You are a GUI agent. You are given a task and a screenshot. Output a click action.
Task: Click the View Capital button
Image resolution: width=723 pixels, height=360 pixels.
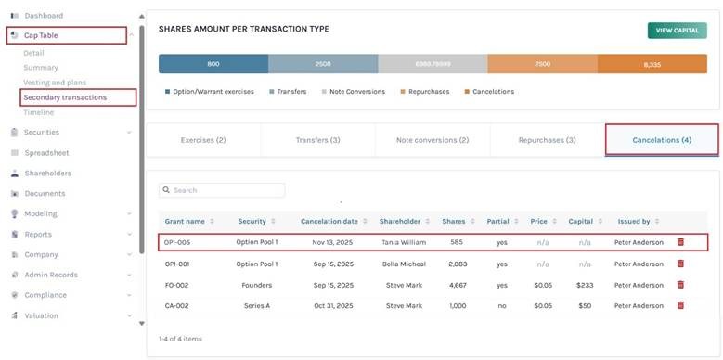click(x=677, y=31)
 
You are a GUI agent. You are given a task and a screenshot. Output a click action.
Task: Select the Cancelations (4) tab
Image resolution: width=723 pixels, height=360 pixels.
click(x=661, y=140)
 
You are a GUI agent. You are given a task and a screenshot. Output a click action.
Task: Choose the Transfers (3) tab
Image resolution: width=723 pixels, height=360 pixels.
click(x=317, y=140)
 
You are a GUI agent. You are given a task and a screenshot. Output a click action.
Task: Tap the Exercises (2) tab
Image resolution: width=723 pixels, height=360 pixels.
click(x=202, y=140)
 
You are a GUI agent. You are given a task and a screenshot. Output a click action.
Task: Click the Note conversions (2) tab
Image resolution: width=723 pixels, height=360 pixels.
click(x=432, y=140)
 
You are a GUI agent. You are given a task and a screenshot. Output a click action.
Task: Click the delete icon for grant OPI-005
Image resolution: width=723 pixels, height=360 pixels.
click(x=680, y=242)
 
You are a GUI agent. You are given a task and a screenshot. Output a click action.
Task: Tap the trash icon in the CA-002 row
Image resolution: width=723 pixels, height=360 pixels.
click(x=680, y=304)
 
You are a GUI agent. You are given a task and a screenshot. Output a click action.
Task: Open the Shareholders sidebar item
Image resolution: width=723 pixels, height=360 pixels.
click(x=47, y=174)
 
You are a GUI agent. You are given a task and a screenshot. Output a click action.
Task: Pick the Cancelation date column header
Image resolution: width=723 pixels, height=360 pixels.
click(x=329, y=222)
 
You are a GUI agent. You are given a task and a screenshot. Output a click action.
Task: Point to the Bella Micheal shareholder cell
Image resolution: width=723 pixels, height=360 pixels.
click(x=403, y=264)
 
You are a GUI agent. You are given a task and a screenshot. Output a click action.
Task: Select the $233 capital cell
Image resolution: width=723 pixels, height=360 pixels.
click(x=584, y=284)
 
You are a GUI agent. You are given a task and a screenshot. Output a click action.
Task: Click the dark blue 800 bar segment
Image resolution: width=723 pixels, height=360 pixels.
click(x=213, y=64)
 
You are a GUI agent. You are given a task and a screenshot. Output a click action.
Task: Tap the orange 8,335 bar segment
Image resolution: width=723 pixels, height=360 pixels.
click(x=652, y=64)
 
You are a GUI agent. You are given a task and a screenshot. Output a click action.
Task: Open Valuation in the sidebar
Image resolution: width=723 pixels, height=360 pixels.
click(x=41, y=315)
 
